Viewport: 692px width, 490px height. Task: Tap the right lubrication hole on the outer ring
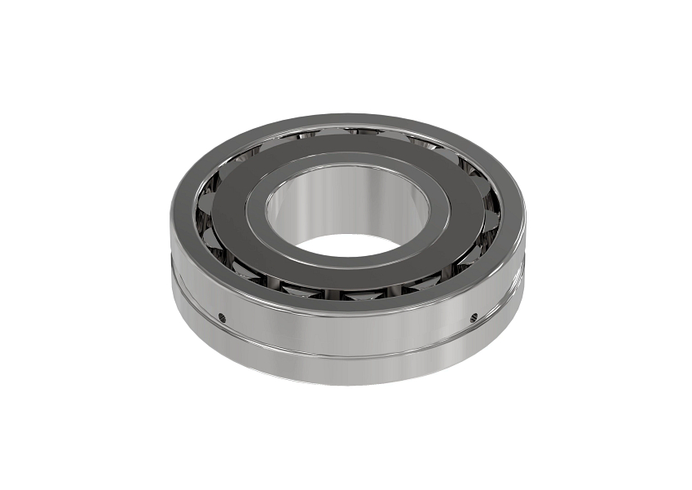tap(474, 316)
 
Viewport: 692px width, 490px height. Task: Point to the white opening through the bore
tap(346, 242)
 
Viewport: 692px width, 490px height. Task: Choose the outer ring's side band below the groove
tap(346, 370)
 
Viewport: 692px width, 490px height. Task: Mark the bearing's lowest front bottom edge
tap(346, 383)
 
